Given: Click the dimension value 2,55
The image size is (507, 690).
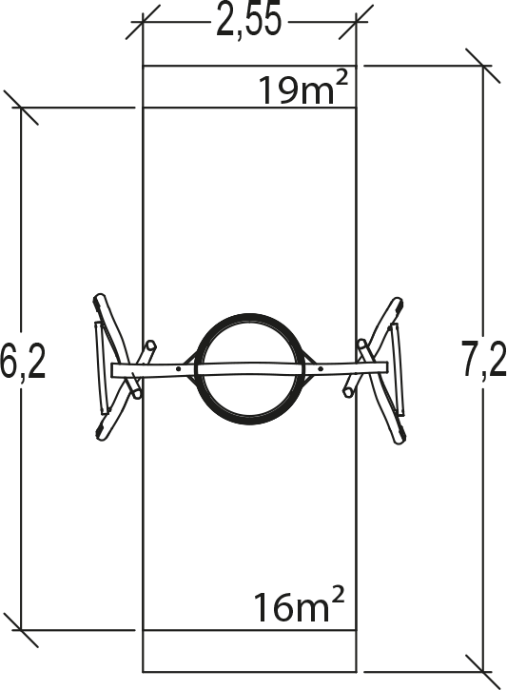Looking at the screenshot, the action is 248,22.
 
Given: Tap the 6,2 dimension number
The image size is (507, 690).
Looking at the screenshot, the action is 22,360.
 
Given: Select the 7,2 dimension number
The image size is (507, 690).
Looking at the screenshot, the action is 484,360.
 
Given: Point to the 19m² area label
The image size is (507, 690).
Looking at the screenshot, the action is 304,89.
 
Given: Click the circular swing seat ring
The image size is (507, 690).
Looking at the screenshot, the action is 250,315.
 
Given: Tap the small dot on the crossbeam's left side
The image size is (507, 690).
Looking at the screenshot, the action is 178,368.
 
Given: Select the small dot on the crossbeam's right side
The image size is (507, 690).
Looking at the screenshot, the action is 321,368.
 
